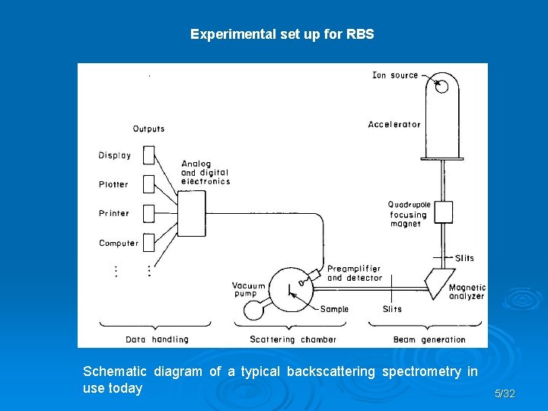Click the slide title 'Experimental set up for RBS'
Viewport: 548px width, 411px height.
[282, 34]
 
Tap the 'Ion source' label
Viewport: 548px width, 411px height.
[395, 75]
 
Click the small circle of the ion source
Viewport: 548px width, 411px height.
[442, 87]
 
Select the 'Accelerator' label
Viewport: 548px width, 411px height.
[394, 125]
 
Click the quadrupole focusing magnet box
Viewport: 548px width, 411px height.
[443, 211]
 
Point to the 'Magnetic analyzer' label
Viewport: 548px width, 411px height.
[467, 292]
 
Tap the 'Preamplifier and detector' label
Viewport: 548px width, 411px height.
[354, 273]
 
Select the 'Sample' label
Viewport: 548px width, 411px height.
[334, 309]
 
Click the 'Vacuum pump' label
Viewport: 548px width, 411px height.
[249, 290]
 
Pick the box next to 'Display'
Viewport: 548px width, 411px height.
[149, 155]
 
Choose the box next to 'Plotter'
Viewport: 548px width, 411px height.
[149, 184]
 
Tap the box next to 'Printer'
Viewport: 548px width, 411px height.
[149, 213]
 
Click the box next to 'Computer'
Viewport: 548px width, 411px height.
[149, 243]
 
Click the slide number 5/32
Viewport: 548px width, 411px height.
[504, 393]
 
